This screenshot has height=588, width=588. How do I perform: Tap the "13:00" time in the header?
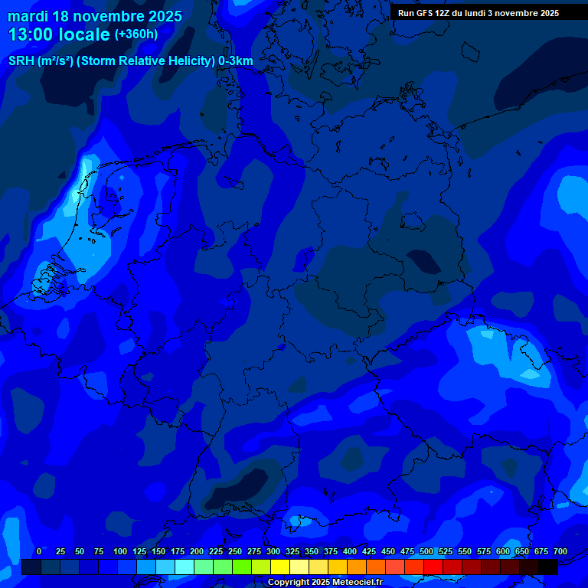[x=30, y=35]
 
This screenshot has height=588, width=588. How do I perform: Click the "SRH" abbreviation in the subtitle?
[x=21, y=60]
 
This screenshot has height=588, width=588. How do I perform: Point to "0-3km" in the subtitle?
[x=236, y=60]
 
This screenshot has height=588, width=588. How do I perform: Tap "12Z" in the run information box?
[x=444, y=13]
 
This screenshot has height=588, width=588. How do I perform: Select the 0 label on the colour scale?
[x=39, y=551]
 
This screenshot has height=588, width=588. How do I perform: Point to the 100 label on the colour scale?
[x=120, y=551]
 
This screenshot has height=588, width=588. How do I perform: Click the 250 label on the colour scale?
[x=235, y=551]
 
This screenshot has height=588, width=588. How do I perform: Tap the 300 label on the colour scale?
[x=273, y=551]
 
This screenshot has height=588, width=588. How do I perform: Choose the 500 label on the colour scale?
[x=426, y=551]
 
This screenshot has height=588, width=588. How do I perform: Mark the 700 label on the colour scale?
[x=560, y=551]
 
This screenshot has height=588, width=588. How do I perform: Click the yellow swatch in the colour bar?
[x=280, y=567]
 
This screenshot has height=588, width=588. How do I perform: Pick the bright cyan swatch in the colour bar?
[x=185, y=567]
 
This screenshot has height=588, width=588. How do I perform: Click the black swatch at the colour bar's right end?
[x=548, y=567]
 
